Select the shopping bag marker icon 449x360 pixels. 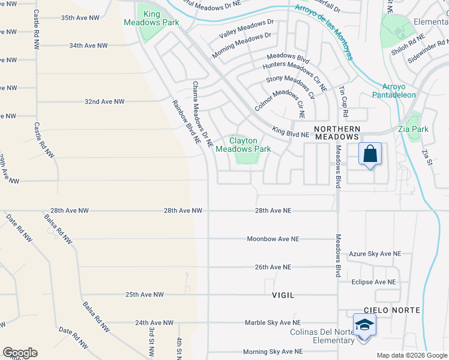click(x=370, y=154)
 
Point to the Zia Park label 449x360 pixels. click(x=413, y=129)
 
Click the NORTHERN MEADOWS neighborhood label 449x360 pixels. click(x=337, y=133)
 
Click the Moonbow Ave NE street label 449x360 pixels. click(x=273, y=239)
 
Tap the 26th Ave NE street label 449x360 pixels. click(x=270, y=267)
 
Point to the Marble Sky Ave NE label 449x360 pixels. click(x=271, y=323)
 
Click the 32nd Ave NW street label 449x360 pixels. click(x=104, y=102)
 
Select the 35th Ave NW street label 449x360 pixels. click(x=80, y=18)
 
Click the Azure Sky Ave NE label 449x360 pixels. click(x=375, y=254)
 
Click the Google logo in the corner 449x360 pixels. click(x=19, y=353)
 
